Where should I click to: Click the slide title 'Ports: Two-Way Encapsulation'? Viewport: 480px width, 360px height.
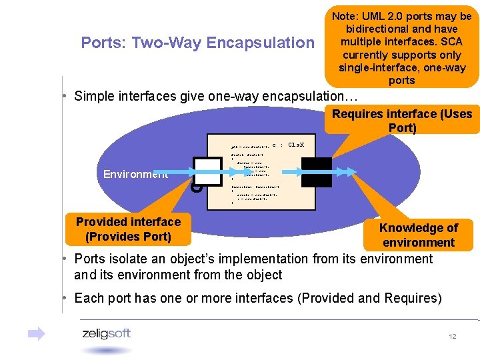pyautogui.click(x=197, y=43)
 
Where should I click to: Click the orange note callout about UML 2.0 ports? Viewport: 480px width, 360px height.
pyautogui.click(x=402, y=48)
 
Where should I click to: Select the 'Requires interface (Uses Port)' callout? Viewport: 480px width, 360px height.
pyautogui.click(x=402, y=121)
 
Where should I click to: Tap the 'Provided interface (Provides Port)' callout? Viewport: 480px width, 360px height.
pyautogui.click(x=128, y=229)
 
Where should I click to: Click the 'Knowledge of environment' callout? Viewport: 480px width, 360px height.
pyautogui.click(x=419, y=235)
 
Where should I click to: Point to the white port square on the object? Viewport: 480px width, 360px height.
pyautogui.click(x=207, y=172)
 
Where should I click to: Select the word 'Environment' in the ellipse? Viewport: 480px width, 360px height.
pyautogui.click(x=135, y=174)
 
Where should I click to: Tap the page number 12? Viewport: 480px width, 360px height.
pyautogui.click(x=453, y=337)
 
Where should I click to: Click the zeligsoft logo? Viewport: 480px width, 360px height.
pyautogui.click(x=106, y=334)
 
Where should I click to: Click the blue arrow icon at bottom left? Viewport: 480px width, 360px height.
pyautogui.click(x=37, y=333)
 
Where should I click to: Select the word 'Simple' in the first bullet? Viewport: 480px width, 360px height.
pyautogui.click(x=94, y=96)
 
